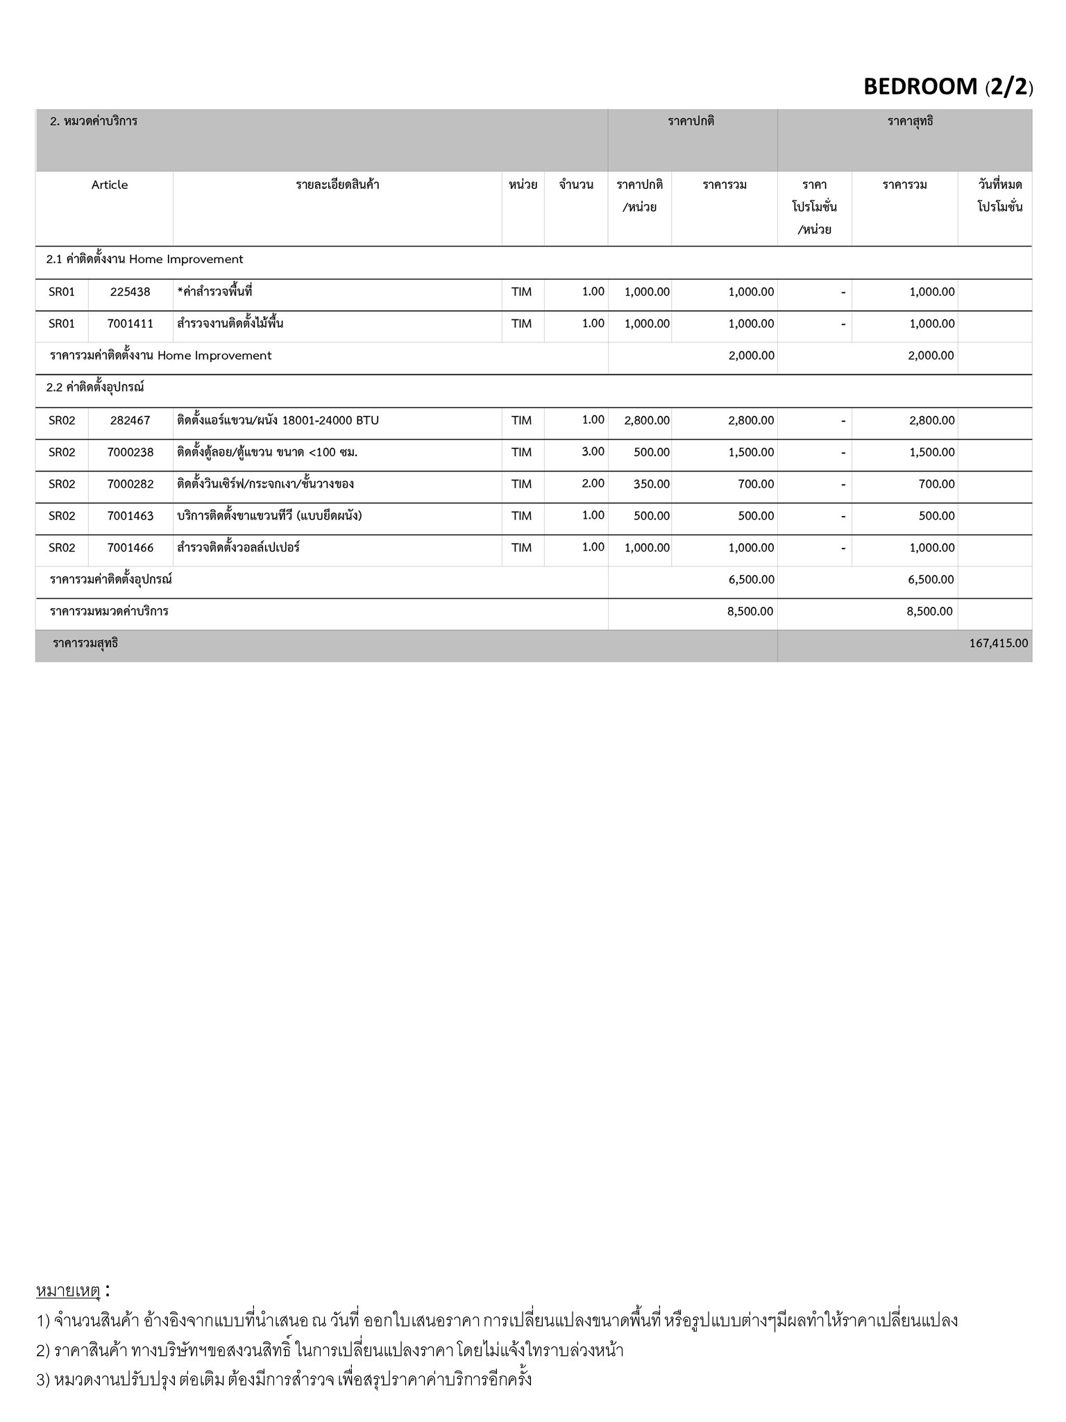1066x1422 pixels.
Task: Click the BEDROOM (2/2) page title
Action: pyautogui.click(x=947, y=87)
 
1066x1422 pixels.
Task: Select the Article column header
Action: pyautogui.click(x=110, y=185)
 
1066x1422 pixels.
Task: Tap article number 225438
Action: pyautogui.click(x=130, y=292)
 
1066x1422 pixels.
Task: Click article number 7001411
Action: pyautogui.click(x=130, y=324)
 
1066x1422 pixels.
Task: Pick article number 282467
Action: pyautogui.click(x=130, y=421)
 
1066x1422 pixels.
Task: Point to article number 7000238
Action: pyautogui.click(x=130, y=453)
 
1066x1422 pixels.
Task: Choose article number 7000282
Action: pyautogui.click(x=130, y=485)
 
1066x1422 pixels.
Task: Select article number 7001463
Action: pyautogui.click(x=130, y=516)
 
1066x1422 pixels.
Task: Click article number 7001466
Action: pyautogui.click(x=130, y=548)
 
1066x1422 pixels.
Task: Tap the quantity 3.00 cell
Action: pyautogui.click(x=593, y=452)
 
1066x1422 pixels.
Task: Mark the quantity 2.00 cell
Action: pyautogui.click(x=593, y=484)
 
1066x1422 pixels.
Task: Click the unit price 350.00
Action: pyautogui.click(x=651, y=485)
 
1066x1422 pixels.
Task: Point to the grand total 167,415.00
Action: pyautogui.click(x=998, y=644)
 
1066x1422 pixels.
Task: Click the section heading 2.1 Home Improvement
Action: pyautogui.click(x=144, y=260)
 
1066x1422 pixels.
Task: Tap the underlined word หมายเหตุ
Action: pyautogui.click(x=68, y=1291)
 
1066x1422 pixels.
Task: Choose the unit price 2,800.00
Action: pyautogui.click(x=647, y=421)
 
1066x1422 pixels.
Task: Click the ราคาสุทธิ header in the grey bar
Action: pyautogui.click(x=910, y=122)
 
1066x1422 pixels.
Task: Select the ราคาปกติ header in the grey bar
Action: pyautogui.click(x=691, y=122)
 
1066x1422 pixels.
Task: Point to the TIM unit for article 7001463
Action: pyautogui.click(x=521, y=516)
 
